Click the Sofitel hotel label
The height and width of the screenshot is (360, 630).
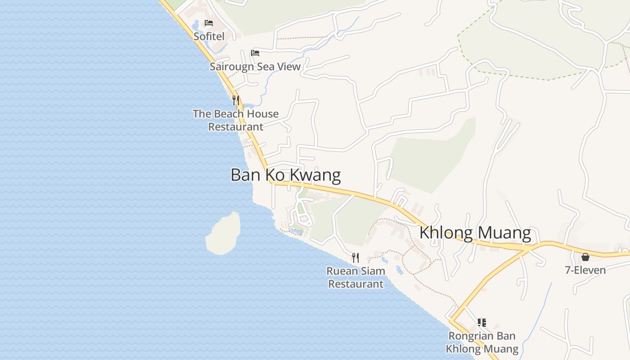(209, 36)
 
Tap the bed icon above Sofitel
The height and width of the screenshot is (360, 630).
(209, 22)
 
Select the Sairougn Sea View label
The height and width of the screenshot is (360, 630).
(255, 67)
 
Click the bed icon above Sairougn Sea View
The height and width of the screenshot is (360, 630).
(255, 53)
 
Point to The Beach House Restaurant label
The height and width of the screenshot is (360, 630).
(236, 120)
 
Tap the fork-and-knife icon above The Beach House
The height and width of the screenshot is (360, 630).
(235, 100)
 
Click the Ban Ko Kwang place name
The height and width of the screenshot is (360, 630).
(285, 175)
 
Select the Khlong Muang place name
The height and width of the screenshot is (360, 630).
(475, 233)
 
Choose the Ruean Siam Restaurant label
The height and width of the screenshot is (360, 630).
(355, 277)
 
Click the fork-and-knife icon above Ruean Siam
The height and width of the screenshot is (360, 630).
(355, 257)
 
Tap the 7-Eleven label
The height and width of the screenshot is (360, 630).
(585, 270)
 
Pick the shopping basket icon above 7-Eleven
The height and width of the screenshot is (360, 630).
(585, 257)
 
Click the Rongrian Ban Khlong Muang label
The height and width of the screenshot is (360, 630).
(482, 342)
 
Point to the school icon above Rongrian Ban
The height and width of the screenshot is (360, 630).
(482, 322)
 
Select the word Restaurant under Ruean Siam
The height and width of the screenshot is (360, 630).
(355, 284)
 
